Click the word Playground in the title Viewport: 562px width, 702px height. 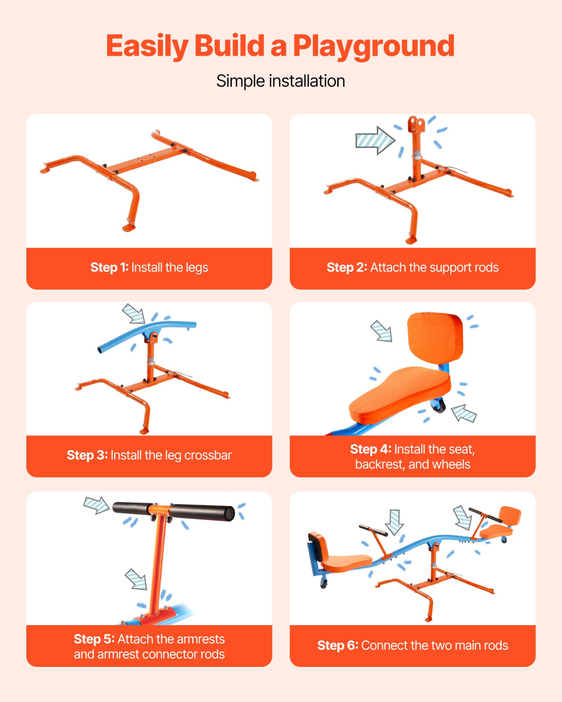pos(374,47)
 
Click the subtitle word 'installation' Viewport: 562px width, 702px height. pos(307,81)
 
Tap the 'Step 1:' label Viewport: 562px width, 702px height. pos(109,267)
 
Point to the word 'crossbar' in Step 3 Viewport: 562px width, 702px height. pos(208,455)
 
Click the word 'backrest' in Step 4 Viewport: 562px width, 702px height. pos(379,464)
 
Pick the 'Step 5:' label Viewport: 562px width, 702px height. pos(94,639)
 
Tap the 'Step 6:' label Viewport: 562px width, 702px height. pos(338,645)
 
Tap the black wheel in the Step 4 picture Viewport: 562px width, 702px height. pos(439,405)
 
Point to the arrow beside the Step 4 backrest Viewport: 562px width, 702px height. pos(382,331)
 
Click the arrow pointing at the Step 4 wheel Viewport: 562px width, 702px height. pos(464,413)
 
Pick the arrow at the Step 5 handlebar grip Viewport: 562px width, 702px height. pos(97,505)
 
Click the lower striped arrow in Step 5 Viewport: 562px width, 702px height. pos(136,579)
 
